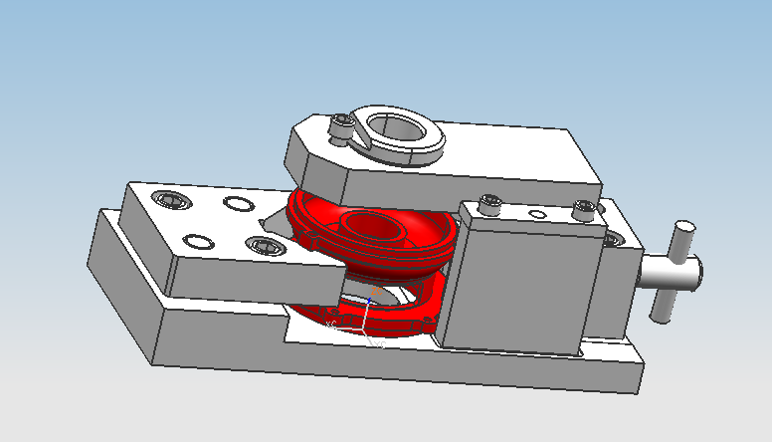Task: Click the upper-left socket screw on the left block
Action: pos(170,200)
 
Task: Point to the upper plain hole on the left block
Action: pos(238,205)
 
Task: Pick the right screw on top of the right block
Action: pos(583,210)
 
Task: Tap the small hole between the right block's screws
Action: pos(537,213)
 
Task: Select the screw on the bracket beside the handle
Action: pos(615,240)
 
